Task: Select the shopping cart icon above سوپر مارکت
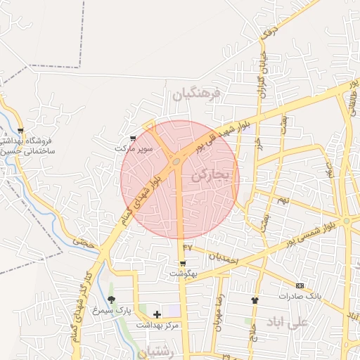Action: click(x=134, y=139)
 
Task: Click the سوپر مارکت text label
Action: click(x=134, y=149)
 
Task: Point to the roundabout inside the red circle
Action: click(x=175, y=162)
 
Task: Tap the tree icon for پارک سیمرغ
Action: click(x=111, y=300)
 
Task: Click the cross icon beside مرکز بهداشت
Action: click(x=156, y=314)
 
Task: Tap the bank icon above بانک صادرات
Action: click(x=300, y=285)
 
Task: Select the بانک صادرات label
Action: click(x=300, y=295)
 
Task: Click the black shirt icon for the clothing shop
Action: click(x=255, y=300)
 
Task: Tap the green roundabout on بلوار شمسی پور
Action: click(x=347, y=221)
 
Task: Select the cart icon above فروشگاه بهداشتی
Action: click(x=20, y=131)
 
